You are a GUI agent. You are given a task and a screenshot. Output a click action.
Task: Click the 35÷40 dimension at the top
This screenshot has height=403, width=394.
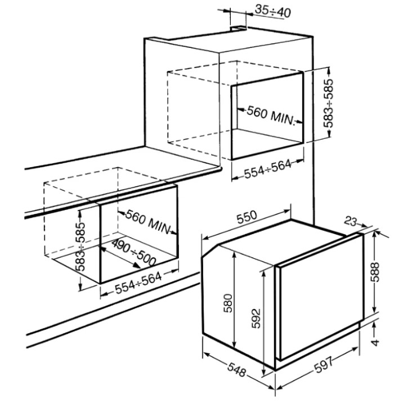click(x=272, y=11)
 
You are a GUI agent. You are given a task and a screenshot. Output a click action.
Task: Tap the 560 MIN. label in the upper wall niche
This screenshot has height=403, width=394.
click(x=271, y=116)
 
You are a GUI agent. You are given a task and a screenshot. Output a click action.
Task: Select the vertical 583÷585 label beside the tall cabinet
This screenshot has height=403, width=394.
click(x=328, y=104)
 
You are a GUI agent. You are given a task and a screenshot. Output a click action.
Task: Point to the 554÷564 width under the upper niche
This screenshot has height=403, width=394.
click(x=267, y=169)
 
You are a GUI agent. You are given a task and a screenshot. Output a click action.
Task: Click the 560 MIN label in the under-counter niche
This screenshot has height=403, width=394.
click(x=148, y=222)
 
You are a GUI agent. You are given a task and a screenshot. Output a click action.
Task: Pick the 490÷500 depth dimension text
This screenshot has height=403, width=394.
click(x=134, y=253)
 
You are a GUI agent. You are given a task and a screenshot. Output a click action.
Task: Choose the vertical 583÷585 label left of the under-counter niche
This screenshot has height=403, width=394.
click(x=80, y=247)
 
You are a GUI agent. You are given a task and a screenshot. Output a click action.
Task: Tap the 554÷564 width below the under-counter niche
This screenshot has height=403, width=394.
click(x=138, y=283)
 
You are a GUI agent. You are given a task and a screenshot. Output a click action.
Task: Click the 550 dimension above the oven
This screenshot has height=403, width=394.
click(x=247, y=217)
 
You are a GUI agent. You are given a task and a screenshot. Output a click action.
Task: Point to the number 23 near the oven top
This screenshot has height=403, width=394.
click(x=351, y=221)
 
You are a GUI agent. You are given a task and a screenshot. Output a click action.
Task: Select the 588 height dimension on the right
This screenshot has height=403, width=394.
click(x=375, y=272)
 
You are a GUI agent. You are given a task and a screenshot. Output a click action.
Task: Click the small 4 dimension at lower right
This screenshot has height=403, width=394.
click(x=375, y=342)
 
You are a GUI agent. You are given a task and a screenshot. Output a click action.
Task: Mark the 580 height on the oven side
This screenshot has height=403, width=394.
click(x=228, y=303)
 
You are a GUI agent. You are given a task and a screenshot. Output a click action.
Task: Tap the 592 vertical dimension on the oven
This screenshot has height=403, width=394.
click(x=256, y=319)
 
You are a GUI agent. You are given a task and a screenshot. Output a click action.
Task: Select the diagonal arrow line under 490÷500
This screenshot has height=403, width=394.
click(x=120, y=258)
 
